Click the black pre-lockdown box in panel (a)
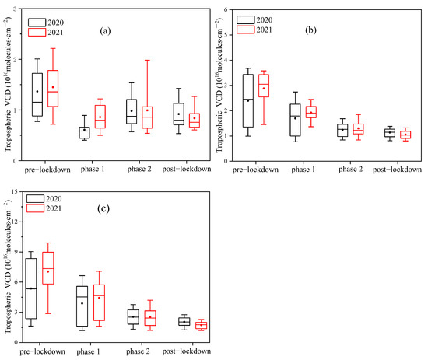pyautogui.click(x=37, y=94)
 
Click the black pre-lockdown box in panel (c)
pyautogui.click(x=31, y=288)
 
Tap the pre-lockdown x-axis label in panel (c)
pyautogui.click(x=37, y=351)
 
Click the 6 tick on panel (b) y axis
pyautogui.click(x=226, y=10)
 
